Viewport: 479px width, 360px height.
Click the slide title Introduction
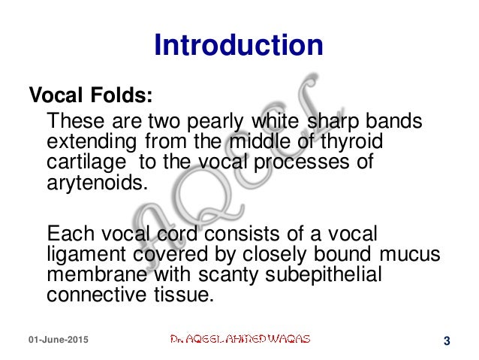(239, 44)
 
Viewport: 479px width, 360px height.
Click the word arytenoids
(93, 184)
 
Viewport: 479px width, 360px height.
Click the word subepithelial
(324, 274)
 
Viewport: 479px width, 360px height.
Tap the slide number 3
(447, 342)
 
